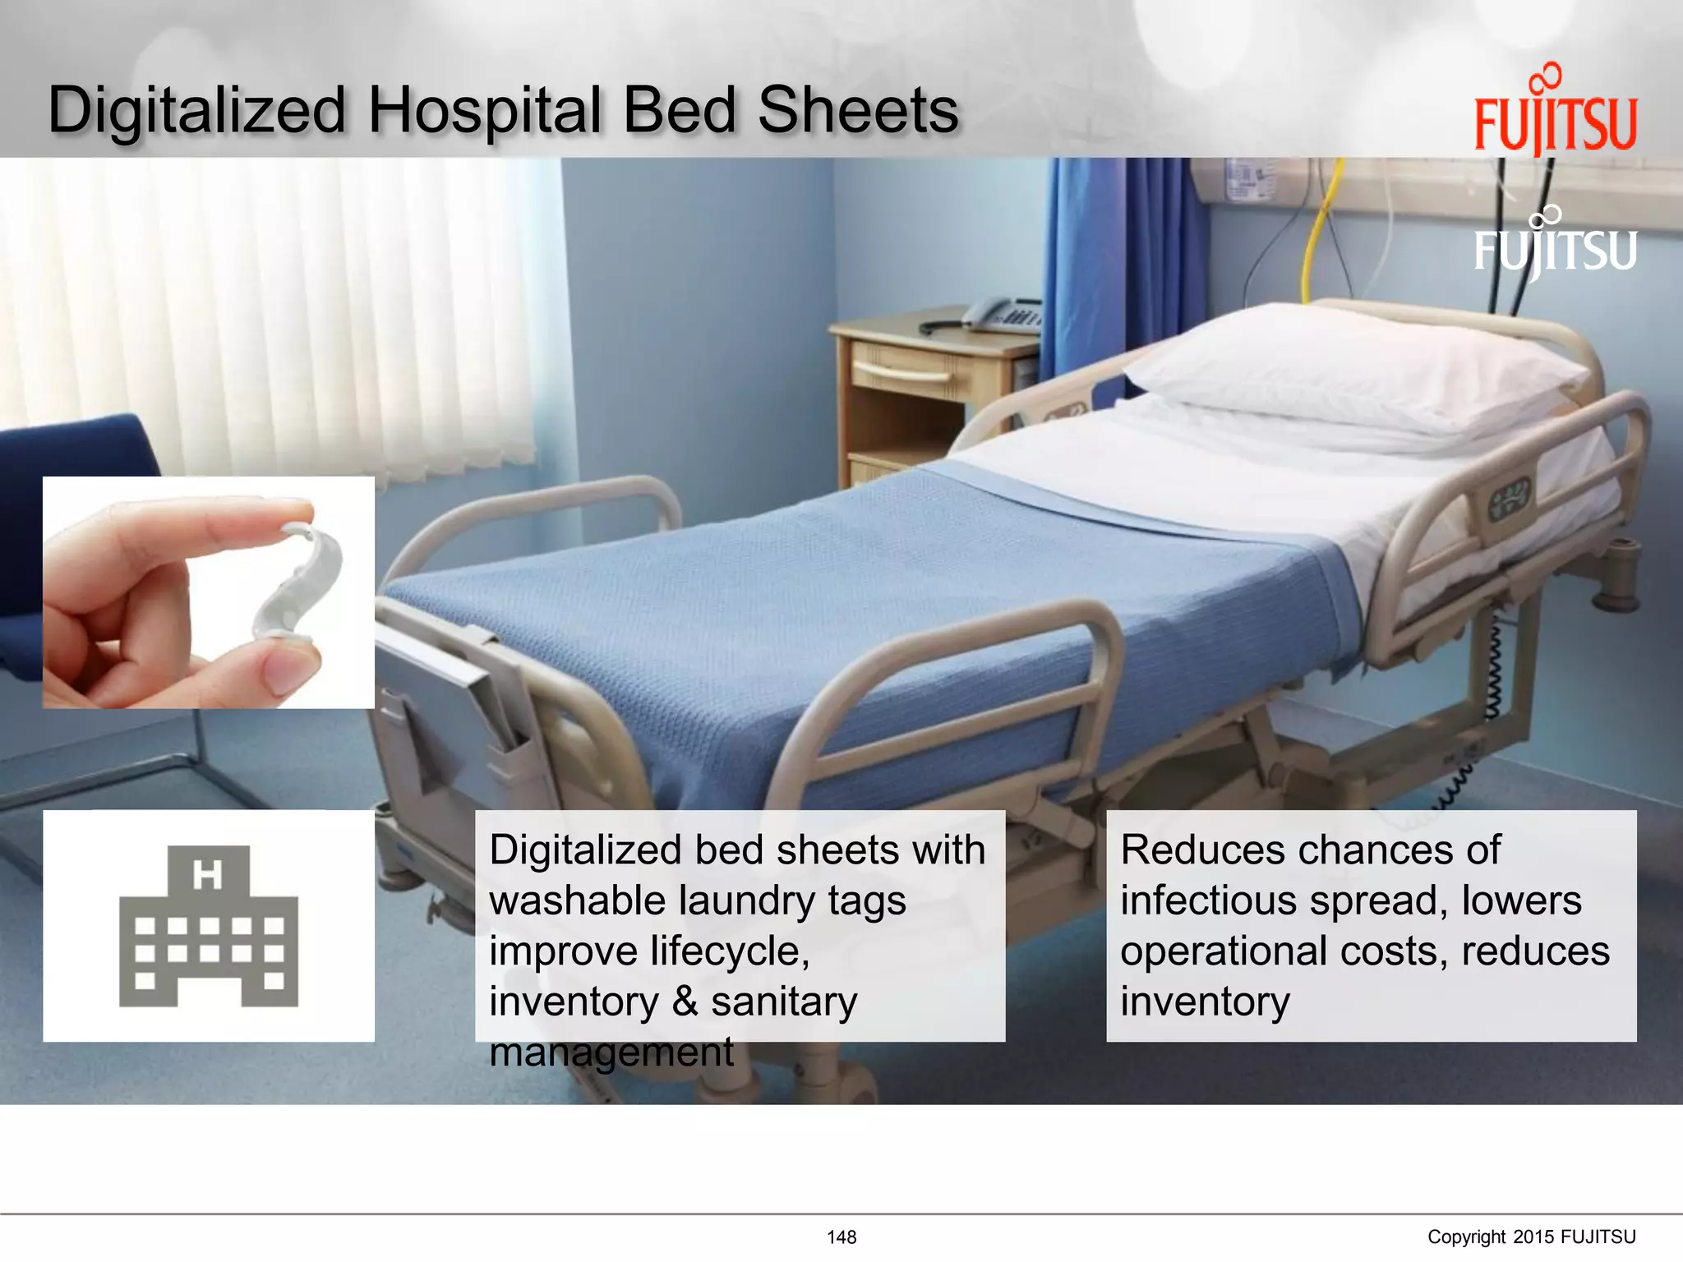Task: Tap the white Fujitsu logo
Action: (x=1555, y=245)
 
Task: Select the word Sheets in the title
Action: (x=858, y=110)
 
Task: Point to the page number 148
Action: (x=841, y=1237)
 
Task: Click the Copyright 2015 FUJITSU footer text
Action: (x=1531, y=1237)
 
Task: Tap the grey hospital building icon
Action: (x=209, y=926)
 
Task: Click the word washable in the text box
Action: (x=570, y=900)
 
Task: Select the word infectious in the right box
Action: (x=1208, y=900)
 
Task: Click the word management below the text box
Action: (x=611, y=1052)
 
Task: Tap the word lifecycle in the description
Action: (x=729, y=951)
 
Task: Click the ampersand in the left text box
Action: (x=685, y=1002)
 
